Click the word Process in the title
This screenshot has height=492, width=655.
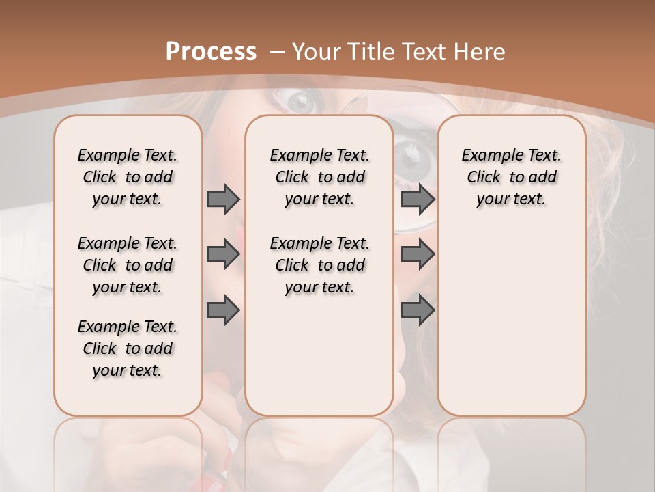coord(211,52)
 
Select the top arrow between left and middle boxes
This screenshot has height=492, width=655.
coord(222,199)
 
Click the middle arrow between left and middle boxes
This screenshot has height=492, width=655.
coord(222,254)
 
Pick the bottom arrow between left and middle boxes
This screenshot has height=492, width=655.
coord(222,310)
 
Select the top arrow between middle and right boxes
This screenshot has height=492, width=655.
coord(418,199)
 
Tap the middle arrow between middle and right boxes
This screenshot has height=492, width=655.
coord(418,254)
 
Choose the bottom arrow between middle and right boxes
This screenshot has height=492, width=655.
coord(418,310)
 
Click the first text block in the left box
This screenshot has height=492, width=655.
coord(128,177)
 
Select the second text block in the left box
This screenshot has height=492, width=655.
coord(128,265)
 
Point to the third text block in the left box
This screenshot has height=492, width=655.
coord(128,348)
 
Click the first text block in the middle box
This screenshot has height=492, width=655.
coord(319,177)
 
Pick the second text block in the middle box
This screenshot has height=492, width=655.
coord(319,265)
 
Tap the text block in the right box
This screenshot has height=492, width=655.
coord(511,177)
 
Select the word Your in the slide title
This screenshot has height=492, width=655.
coord(317,52)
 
